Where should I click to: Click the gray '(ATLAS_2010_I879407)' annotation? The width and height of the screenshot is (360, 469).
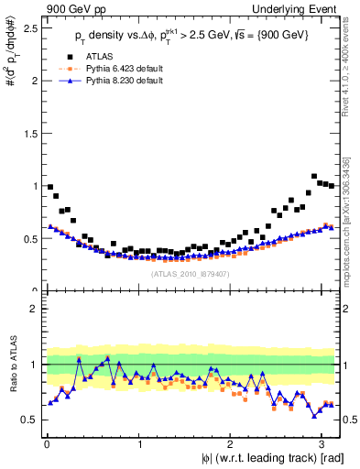[x=190, y=273]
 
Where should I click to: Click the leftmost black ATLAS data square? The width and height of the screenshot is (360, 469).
[x=50, y=187]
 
